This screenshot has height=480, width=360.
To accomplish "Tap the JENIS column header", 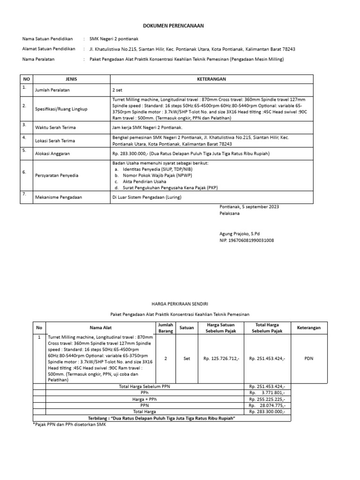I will point(70,79).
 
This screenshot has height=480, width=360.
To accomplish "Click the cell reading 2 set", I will point(117,90).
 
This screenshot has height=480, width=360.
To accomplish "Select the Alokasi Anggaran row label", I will point(53,153).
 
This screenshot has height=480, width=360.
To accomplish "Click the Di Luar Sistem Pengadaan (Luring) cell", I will point(146,197).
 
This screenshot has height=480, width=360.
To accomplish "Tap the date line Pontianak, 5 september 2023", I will point(252,207).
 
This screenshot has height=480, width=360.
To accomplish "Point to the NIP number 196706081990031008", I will point(247,240).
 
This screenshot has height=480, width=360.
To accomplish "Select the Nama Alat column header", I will point(101,328).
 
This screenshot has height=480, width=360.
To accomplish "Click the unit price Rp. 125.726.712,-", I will point(221,359).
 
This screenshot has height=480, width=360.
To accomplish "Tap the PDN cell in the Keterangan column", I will point(308,359).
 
